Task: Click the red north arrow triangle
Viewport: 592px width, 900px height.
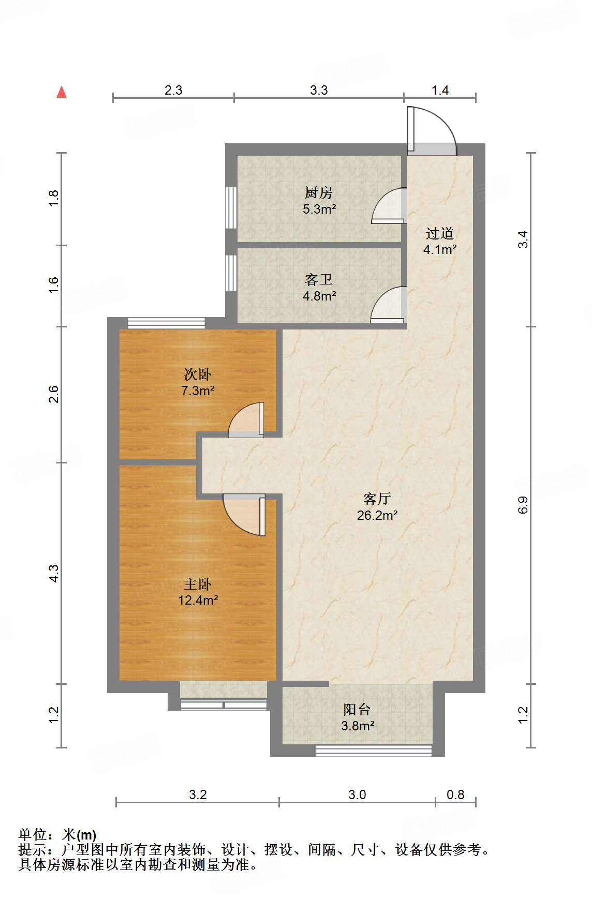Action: click(x=62, y=92)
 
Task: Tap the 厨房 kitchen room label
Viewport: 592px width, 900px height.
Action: click(x=319, y=192)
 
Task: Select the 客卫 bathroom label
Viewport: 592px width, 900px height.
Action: click(x=319, y=279)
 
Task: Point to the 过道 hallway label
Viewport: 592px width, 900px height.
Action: click(x=440, y=233)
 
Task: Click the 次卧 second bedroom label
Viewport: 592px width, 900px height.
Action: click(x=198, y=374)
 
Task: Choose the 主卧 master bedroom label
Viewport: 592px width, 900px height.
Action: click(x=198, y=584)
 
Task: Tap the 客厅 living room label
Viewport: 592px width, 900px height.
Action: click(x=377, y=499)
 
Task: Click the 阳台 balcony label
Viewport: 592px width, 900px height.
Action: click(x=357, y=709)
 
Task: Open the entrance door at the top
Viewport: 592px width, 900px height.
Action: click(x=432, y=131)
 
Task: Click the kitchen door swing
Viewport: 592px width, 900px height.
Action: click(x=389, y=206)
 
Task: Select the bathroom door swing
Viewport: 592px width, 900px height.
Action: click(x=389, y=305)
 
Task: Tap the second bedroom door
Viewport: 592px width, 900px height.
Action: click(x=246, y=420)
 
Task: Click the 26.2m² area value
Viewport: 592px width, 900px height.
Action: click(x=377, y=515)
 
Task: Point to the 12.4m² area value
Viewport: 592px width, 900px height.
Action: click(x=198, y=601)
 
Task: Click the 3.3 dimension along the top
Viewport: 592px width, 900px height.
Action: click(x=319, y=90)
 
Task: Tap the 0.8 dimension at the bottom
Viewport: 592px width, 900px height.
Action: click(x=455, y=794)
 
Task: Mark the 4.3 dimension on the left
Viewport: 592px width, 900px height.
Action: click(x=54, y=573)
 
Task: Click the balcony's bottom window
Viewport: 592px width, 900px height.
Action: click(x=374, y=751)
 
